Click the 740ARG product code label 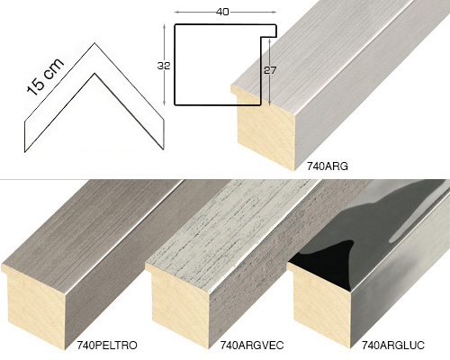327,166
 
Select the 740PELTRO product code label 107,346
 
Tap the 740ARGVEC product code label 252,346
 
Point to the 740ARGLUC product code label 393,346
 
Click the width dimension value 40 222,12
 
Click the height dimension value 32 164,66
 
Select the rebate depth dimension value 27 270,70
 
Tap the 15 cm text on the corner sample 45,76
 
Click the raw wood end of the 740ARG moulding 265,129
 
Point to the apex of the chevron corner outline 94,43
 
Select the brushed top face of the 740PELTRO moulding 90,228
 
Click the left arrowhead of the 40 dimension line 176,12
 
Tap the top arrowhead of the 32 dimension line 164,26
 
